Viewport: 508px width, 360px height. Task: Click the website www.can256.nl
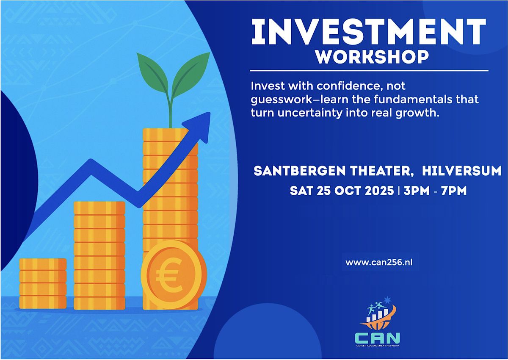coord(379,263)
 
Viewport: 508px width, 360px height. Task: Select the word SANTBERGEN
coord(299,171)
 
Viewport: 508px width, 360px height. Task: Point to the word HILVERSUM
coord(461,171)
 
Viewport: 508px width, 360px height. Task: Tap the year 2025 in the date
coord(379,191)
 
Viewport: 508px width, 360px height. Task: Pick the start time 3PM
coord(417,191)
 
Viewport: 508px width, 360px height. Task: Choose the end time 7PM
coord(454,191)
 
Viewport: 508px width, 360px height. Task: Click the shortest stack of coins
coord(43,284)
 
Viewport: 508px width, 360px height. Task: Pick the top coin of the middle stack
coord(99,208)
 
